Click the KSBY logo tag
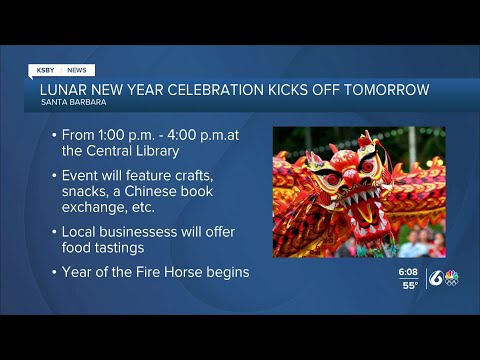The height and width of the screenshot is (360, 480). point(46,70)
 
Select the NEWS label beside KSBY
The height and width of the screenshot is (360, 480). point(77,70)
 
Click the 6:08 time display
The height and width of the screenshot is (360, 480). point(407,272)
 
